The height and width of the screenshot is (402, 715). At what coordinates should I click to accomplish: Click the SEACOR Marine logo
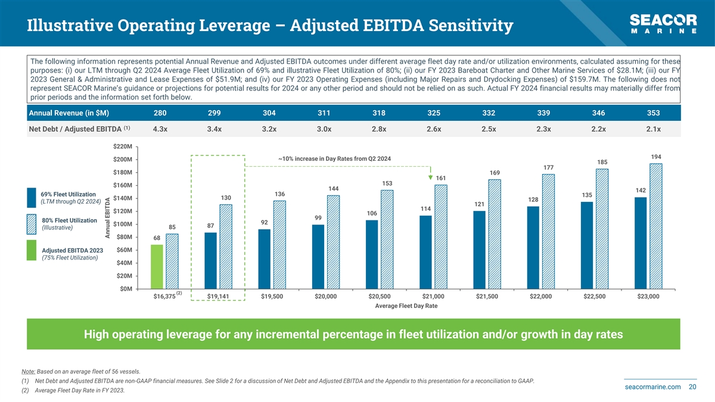[663, 24]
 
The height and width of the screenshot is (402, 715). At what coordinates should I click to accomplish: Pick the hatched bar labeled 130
[226, 247]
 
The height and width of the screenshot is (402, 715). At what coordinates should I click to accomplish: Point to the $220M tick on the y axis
[123, 147]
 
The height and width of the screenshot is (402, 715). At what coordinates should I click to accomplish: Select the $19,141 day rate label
[218, 297]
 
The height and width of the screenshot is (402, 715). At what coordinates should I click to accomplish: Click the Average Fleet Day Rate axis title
[406, 306]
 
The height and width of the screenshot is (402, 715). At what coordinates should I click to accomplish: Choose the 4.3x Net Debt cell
[160, 129]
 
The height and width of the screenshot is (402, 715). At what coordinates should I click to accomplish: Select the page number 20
[692, 387]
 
